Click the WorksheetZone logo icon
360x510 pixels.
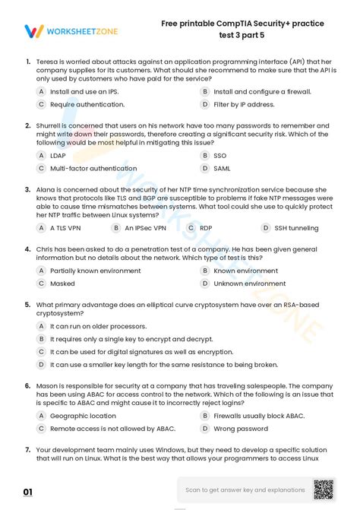33,31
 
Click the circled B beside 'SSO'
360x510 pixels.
205,155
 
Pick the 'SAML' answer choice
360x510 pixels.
222,169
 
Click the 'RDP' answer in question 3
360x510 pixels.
206,227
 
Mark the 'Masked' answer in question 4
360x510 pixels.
62,284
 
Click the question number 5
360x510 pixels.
27,304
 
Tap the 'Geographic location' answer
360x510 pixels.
83,416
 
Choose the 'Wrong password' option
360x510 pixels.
241,429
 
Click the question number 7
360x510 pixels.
27,449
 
